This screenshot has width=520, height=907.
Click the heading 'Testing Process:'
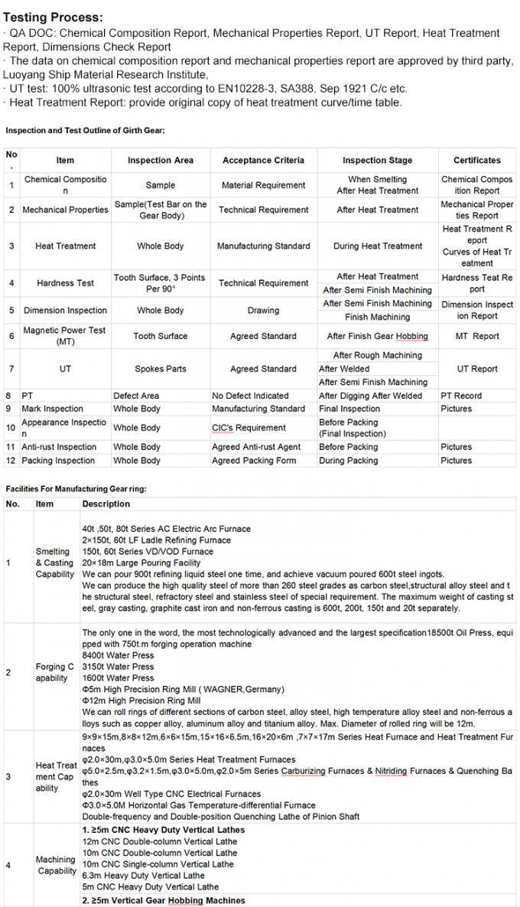pos(53,17)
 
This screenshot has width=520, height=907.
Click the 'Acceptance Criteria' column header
pos(263,160)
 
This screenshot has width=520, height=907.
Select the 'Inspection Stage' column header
pos(377,160)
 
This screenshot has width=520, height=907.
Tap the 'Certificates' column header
pos(476,160)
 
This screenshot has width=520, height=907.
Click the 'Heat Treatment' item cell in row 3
pos(65,246)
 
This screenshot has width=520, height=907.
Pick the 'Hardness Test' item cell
pos(65,282)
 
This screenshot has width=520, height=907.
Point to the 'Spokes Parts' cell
pos(160,368)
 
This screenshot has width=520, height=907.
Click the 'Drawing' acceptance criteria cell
pos(263,311)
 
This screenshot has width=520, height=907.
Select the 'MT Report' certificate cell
pos(476,336)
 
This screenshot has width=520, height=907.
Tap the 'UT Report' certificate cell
pos(476,368)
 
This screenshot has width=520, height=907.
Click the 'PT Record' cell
pos(461,396)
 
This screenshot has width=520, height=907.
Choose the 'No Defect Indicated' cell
pos(250,396)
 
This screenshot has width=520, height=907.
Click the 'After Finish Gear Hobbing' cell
pos(377,336)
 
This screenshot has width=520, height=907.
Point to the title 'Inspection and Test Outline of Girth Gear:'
pos(86,130)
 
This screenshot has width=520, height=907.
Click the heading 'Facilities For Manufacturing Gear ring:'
pos(76,488)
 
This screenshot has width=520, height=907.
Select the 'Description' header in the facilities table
pos(106,504)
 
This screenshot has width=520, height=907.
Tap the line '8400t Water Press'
pos(118,655)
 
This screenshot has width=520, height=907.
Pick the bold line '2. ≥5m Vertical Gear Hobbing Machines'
pos(164,900)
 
